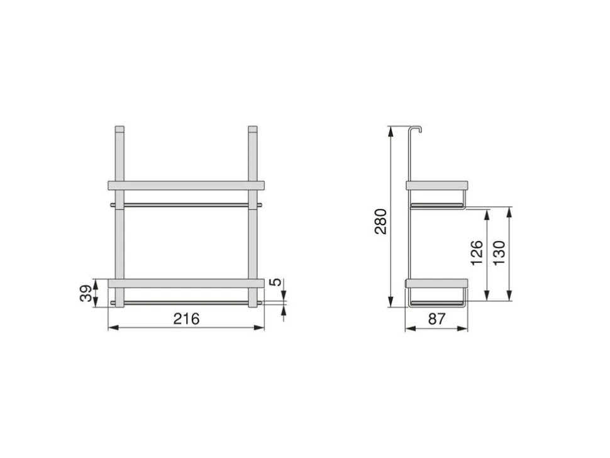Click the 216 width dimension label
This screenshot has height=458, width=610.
point(186,319)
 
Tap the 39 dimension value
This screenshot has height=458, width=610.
point(86,293)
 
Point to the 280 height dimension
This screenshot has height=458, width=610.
point(381,221)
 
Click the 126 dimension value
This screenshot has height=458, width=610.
point(477,253)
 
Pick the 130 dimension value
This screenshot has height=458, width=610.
point(499,253)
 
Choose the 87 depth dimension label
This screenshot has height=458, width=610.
point(436,319)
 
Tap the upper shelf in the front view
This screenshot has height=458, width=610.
point(186,185)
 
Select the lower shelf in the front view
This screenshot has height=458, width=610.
point(186,283)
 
